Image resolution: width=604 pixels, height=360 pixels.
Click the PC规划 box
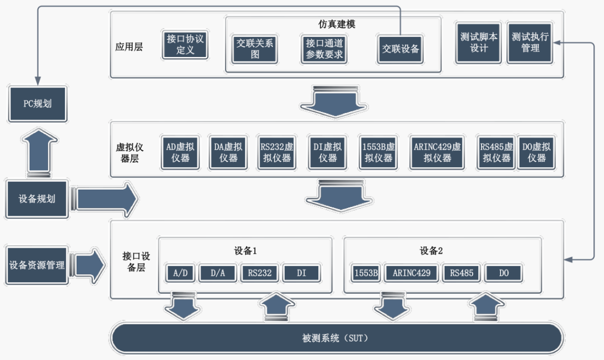(37, 104)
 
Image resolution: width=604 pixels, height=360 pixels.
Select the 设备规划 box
(37, 199)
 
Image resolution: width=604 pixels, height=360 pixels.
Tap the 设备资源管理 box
(37, 265)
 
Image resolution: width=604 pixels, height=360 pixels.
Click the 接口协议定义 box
(185, 44)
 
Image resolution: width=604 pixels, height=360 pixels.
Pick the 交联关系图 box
(254, 49)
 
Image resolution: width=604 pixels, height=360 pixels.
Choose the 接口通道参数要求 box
(324, 49)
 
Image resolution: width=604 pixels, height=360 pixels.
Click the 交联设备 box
(400, 49)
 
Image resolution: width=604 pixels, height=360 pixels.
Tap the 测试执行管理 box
(530, 42)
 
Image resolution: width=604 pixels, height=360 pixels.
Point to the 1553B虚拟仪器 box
(379, 152)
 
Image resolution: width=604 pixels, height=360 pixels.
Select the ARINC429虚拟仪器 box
(437, 152)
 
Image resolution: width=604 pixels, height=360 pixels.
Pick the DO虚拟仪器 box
(536, 152)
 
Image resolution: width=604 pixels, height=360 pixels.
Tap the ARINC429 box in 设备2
(412, 273)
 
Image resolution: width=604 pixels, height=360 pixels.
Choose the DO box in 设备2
(503, 273)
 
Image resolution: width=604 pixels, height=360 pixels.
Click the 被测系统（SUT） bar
(336, 339)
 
